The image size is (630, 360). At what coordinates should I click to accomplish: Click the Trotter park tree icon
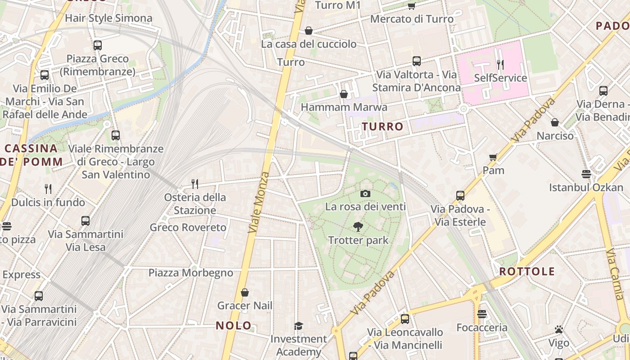pyautogui.click(x=358, y=226)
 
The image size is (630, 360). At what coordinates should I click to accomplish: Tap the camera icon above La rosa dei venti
pyautogui.click(x=365, y=193)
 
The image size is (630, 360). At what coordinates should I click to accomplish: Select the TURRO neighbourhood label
pyautogui.click(x=382, y=126)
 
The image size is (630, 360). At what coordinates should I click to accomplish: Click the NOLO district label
pyautogui.click(x=234, y=325)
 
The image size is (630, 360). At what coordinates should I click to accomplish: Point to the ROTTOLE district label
pyautogui.click(x=527, y=271)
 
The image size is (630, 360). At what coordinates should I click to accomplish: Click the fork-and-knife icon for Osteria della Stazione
pyautogui.click(x=195, y=184)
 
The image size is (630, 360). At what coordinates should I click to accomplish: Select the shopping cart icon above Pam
pyautogui.click(x=493, y=157)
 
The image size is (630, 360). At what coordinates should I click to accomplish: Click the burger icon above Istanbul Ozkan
pyautogui.click(x=586, y=174)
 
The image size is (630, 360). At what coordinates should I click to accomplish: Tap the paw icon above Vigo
pyautogui.click(x=559, y=329)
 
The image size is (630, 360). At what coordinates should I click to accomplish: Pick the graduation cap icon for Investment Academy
pyautogui.click(x=298, y=325)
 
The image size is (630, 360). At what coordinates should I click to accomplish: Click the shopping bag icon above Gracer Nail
pyautogui.click(x=245, y=292)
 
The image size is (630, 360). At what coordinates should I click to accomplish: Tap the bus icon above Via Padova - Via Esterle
pyautogui.click(x=460, y=195)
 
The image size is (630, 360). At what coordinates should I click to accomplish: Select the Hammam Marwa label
pyautogui.click(x=344, y=107)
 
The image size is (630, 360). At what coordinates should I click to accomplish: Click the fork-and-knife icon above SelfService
pyautogui.click(x=500, y=65)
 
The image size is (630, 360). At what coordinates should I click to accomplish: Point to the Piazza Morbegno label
pyautogui.click(x=191, y=273)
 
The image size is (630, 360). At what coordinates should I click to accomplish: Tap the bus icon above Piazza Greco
pyautogui.click(x=98, y=45)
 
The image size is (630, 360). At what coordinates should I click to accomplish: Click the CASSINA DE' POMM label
pyautogui.click(x=31, y=155)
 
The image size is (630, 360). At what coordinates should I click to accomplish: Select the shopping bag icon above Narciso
pyautogui.click(x=555, y=122)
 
